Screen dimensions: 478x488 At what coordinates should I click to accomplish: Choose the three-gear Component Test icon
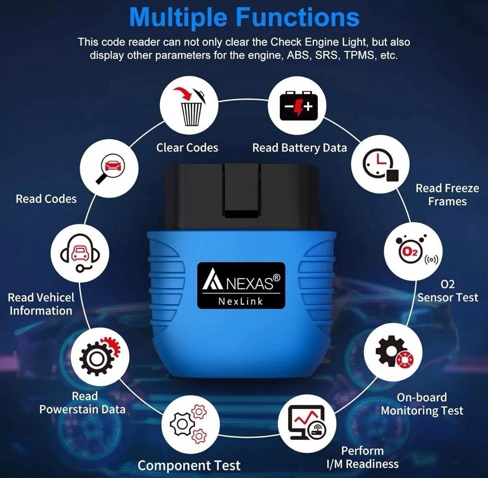187,423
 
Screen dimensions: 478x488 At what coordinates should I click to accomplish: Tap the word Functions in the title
298,18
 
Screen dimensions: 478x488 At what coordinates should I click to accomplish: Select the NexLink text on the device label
241,301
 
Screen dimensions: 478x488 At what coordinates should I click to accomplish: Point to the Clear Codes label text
187,147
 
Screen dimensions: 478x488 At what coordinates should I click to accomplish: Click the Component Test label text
189,465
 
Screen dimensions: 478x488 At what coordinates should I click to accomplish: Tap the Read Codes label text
46,199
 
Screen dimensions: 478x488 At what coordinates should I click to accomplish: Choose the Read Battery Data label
299,147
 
